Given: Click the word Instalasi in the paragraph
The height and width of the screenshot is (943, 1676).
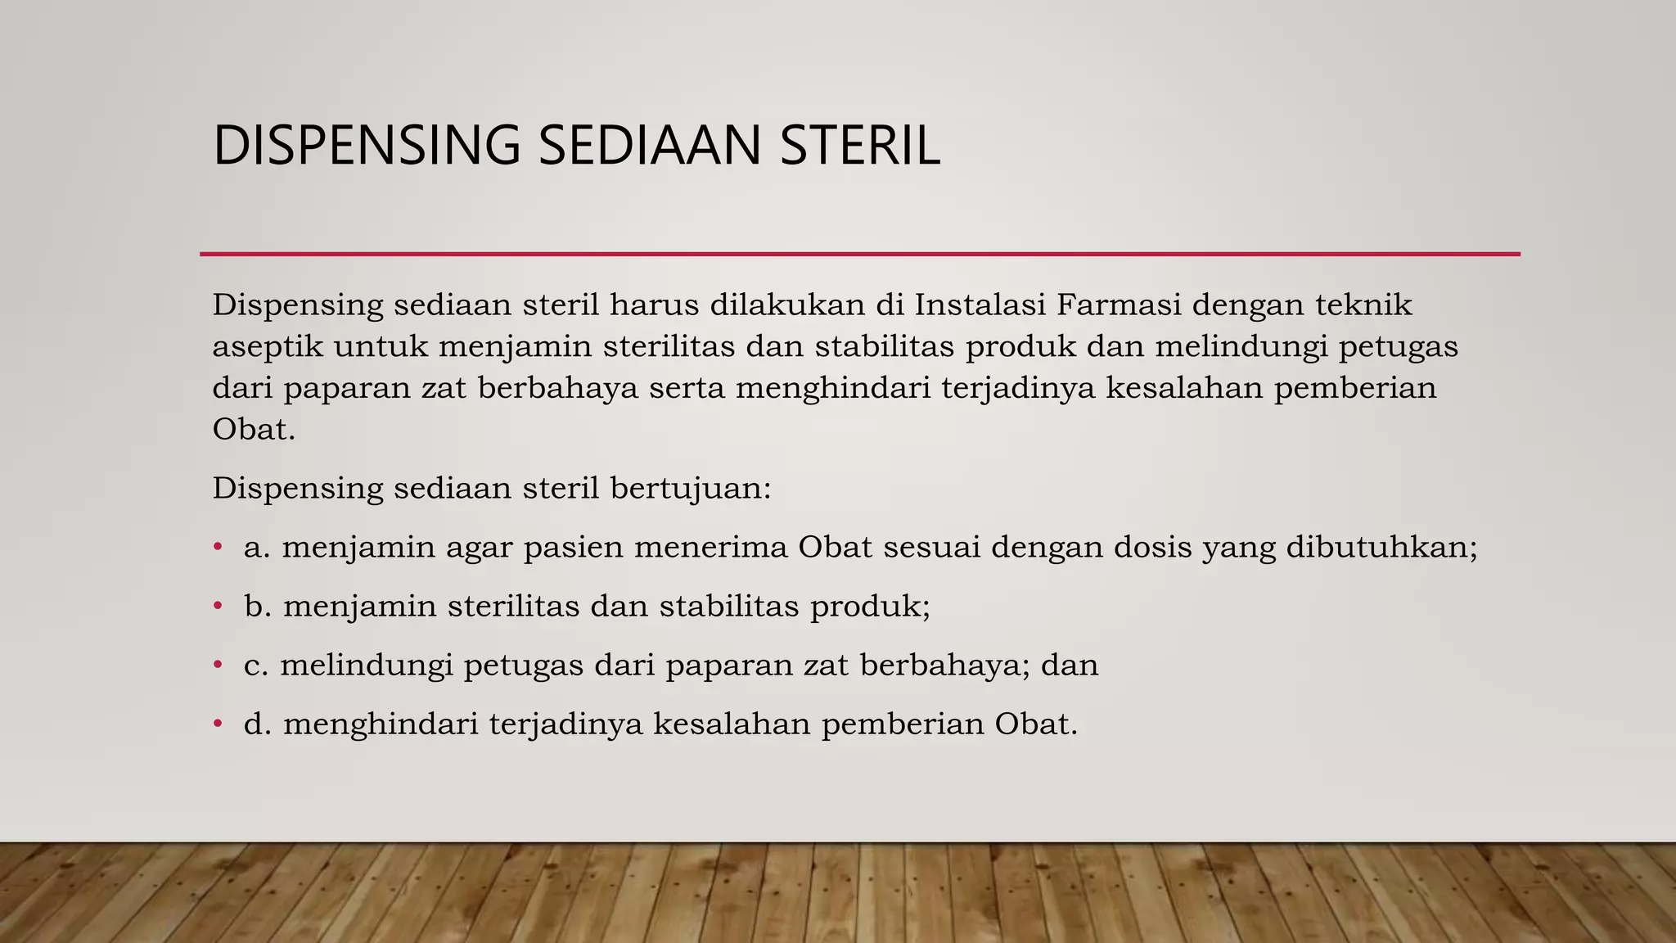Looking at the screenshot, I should click(980, 305).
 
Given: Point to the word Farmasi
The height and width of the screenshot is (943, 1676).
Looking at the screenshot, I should click(1118, 305).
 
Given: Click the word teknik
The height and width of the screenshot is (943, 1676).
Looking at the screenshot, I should click(1363, 305).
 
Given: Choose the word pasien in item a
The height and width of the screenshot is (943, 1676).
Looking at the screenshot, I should click(573, 547).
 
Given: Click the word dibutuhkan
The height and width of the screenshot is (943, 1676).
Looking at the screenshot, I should click(1381, 547).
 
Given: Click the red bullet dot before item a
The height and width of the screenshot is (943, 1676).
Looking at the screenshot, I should click(218, 546).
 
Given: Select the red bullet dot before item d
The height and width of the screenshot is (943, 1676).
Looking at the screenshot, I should click(218, 723).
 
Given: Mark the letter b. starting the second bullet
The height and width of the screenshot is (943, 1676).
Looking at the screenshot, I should click(257, 606).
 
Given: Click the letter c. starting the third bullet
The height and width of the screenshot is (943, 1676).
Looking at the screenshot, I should click(256, 665).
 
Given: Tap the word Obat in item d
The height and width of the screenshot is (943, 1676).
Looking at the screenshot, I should click(1035, 724).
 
